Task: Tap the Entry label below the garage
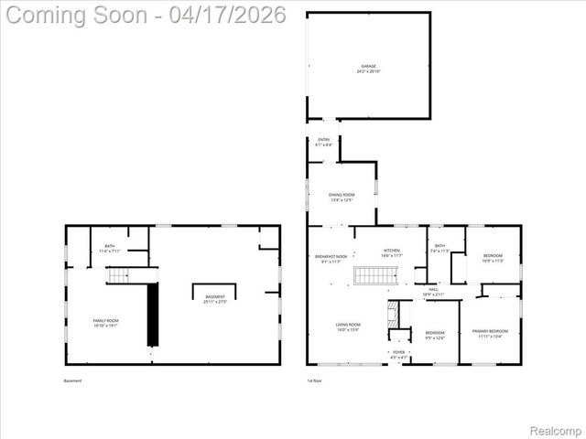tap(323, 142)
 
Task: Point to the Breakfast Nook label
tap(331, 259)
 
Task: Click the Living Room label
tap(348, 327)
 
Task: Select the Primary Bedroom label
tap(489, 333)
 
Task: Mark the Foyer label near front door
tap(398, 354)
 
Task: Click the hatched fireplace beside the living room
tap(393, 316)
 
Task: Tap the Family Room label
tap(106, 322)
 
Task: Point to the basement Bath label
tap(110, 248)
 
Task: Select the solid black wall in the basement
tap(153, 314)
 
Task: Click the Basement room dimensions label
tap(214, 299)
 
